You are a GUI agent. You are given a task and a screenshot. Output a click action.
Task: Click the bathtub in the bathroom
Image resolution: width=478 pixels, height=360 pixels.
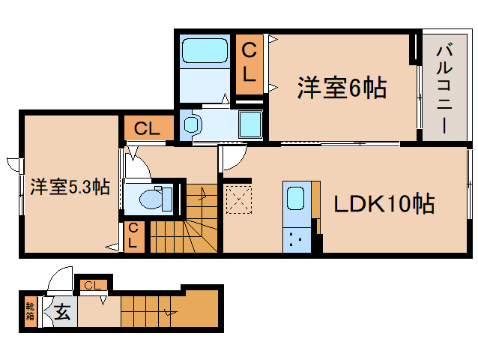[x=205, y=52]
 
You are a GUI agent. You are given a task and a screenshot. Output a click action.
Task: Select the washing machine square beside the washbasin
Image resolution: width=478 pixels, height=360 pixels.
[x=250, y=123]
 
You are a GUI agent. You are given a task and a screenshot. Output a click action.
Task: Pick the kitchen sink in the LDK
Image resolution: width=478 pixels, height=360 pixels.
[x=295, y=199]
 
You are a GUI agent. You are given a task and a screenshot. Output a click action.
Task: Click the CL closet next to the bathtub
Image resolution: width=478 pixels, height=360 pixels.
[x=250, y=63]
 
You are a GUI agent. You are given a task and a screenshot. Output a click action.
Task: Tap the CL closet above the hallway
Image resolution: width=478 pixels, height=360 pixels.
[x=147, y=128]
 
